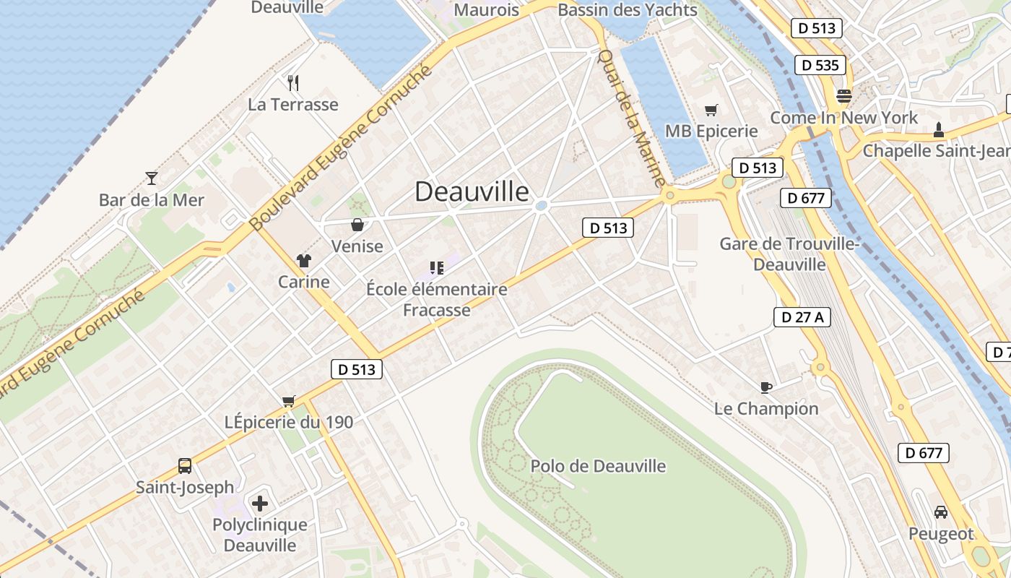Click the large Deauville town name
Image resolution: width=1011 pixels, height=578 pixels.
pyautogui.click(x=472, y=191)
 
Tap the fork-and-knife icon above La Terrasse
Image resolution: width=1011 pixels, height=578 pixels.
pyautogui.click(x=293, y=83)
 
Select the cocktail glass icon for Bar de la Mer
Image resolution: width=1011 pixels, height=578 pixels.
pyautogui.click(x=152, y=178)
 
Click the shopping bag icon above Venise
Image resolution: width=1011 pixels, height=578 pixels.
pyautogui.click(x=357, y=225)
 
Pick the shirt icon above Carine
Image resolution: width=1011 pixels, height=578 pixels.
pyautogui.click(x=303, y=261)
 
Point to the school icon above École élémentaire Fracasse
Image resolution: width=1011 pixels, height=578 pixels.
pyautogui.click(x=436, y=269)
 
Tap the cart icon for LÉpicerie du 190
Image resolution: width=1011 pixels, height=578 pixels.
pyautogui.click(x=289, y=401)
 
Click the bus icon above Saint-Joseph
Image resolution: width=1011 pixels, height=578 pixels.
pyautogui.click(x=185, y=466)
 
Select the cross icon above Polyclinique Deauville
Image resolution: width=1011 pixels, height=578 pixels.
pyautogui.click(x=260, y=503)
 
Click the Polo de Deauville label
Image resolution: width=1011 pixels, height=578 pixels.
pyautogui.click(x=598, y=466)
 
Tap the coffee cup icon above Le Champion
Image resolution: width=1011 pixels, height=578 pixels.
pyautogui.click(x=766, y=388)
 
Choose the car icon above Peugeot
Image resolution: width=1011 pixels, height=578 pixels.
pyautogui.click(x=941, y=512)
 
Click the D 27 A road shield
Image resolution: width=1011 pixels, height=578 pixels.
pyautogui.click(x=802, y=316)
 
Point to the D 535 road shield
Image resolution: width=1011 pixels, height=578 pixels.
pyautogui.click(x=821, y=65)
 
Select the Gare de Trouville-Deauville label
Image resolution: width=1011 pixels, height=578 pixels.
pyautogui.click(x=789, y=254)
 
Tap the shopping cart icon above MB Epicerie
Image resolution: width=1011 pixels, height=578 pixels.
pyautogui.click(x=711, y=111)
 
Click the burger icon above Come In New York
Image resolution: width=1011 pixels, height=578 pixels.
pyautogui.click(x=843, y=96)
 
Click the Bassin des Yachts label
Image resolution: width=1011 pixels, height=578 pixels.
pyautogui.click(x=628, y=10)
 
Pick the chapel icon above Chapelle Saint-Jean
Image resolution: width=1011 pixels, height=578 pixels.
pyautogui.click(x=938, y=130)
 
